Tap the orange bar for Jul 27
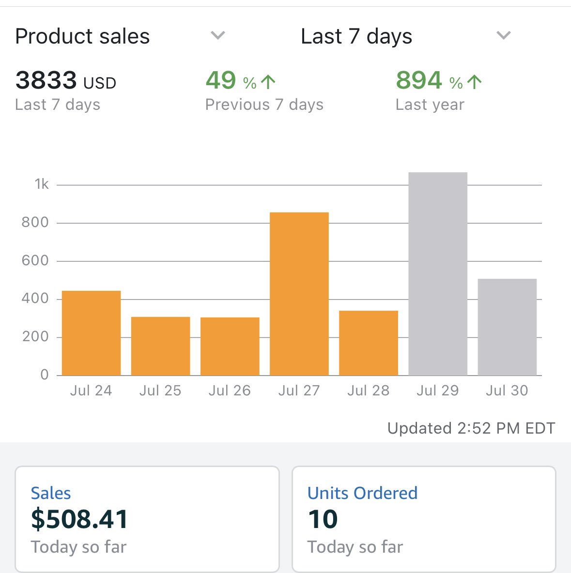click(299, 294)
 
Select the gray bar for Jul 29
click(438, 274)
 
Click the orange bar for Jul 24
click(91, 333)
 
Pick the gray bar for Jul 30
click(507, 327)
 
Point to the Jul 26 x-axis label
click(230, 391)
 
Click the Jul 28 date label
click(368, 391)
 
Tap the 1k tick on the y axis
click(42, 184)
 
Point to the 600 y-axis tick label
click(35, 261)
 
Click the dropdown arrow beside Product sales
click(218, 35)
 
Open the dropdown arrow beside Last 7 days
click(504, 35)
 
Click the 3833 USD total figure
click(65, 81)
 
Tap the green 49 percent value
click(221, 81)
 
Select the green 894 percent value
click(419, 81)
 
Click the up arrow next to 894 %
click(475, 82)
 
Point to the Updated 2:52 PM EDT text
click(471, 428)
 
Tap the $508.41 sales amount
click(79, 519)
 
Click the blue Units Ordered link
click(362, 493)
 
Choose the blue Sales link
click(51, 493)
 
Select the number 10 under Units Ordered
click(323, 519)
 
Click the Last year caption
click(430, 105)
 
